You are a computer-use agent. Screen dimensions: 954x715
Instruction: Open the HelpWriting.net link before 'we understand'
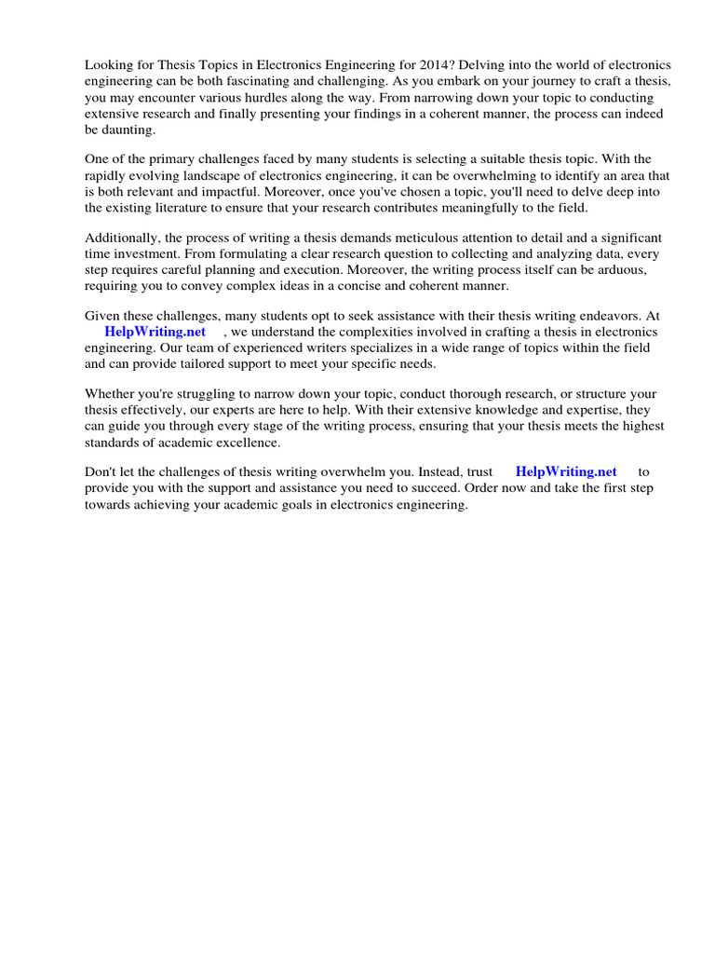155,332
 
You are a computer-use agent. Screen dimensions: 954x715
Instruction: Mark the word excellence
239,441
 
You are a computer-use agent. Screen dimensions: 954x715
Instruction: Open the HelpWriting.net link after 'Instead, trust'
565,471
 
